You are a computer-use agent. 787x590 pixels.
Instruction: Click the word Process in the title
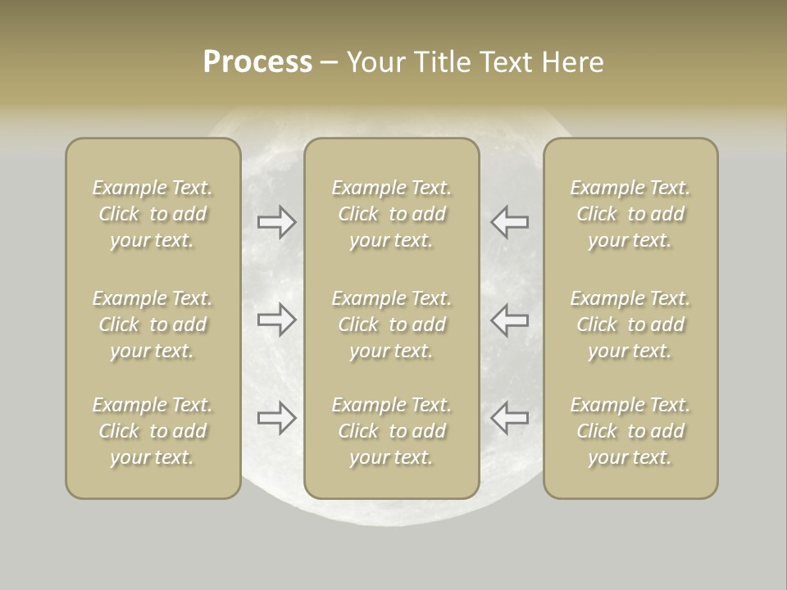point(257,62)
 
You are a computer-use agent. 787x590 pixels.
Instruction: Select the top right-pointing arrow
point(277,222)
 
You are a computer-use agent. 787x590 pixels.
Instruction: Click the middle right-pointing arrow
point(277,320)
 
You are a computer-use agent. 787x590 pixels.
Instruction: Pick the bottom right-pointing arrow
point(277,417)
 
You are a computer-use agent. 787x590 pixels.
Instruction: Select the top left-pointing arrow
point(509,222)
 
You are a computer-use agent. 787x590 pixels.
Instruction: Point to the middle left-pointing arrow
point(509,320)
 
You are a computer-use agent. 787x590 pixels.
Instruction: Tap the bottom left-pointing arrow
point(509,417)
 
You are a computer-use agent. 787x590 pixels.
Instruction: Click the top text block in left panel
point(152,214)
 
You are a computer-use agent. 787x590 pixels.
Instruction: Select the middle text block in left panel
point(152,324)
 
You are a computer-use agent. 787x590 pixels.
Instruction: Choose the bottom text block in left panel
point(152,431)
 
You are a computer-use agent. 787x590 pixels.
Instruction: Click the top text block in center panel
point(391,214)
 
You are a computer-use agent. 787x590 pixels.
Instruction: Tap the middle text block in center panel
point(391,324)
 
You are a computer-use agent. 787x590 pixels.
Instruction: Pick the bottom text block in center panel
point(391,431)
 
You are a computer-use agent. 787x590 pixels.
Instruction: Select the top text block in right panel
point(630,214)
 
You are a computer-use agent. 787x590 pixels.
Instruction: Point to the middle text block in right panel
point(630,324)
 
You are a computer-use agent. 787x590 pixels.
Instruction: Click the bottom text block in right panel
point(630,431)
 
